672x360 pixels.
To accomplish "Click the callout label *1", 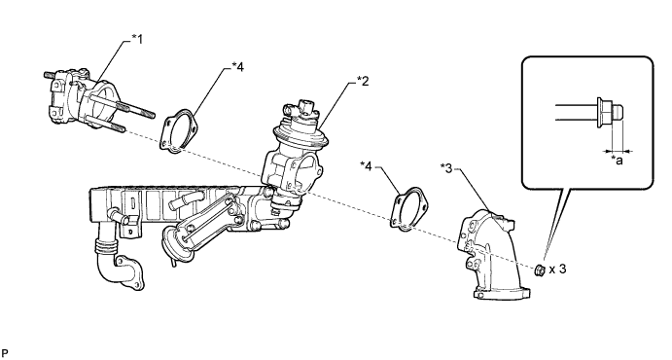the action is coord(137,40).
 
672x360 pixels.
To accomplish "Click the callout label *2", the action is coord(363,81).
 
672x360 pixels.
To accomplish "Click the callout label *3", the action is coord(446,168).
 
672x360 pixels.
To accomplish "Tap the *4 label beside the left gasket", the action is coord(238,67).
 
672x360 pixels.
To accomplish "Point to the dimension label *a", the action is coord(617,161).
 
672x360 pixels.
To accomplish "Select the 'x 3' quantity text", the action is coord(557,270).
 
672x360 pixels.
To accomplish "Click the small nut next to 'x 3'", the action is coord(540,270).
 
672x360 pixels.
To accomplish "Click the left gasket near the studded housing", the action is coord(179,130).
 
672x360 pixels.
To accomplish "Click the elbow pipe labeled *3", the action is coord(493,254).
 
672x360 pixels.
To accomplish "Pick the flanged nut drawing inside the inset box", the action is coord(609,112).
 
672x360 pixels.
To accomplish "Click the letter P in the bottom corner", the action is coord(5,353).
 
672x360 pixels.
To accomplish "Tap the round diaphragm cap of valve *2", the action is coord(301,130).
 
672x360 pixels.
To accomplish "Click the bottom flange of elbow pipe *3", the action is coord(502,293).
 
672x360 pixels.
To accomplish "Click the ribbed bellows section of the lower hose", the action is coord(105,247).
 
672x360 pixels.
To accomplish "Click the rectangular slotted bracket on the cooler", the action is coord(132,213).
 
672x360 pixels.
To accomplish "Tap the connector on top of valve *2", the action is coord(307,107).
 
